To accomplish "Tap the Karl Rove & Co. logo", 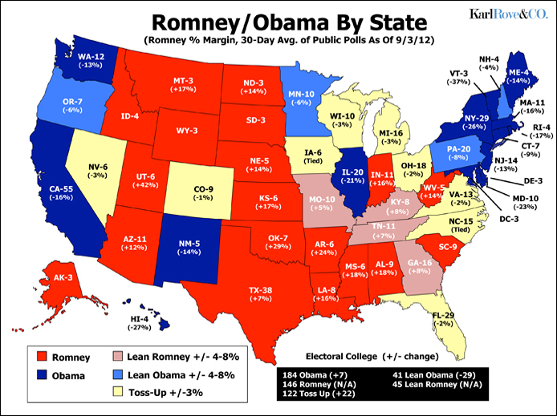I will [508, 14].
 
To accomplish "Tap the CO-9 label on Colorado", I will [199, 190].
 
